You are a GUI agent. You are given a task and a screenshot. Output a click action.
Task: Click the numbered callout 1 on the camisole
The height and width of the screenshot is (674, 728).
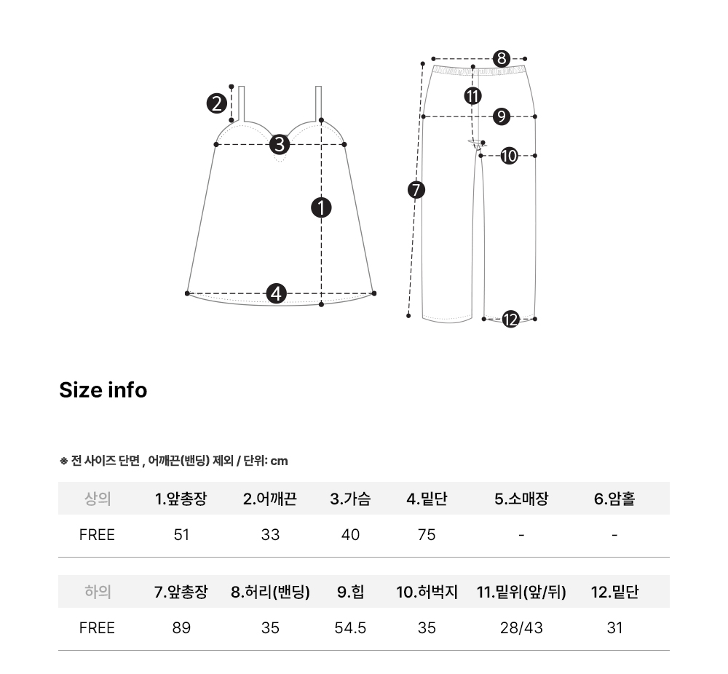pos(321,207)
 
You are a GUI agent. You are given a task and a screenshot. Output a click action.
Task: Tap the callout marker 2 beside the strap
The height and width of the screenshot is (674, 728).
pos(217,103)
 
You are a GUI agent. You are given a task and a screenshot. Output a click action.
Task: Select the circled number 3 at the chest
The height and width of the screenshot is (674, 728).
pos(280,144)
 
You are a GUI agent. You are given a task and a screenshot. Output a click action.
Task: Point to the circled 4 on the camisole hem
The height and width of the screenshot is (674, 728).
pos(276,294)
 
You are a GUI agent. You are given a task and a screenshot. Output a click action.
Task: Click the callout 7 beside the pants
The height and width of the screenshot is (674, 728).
pos(416,190)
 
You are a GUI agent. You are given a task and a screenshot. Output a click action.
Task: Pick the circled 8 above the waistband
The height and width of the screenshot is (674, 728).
pos(502,59)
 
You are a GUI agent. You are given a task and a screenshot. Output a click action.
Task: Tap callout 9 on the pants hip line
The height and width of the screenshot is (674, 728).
pos(502,116)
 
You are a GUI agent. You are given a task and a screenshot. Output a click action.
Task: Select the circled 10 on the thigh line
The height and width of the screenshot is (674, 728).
pos(510,156)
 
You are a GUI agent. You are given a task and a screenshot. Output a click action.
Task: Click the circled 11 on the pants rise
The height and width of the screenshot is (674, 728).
pos(472,96)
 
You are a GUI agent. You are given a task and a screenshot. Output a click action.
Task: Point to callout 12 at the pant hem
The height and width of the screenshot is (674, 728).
pos(511,320)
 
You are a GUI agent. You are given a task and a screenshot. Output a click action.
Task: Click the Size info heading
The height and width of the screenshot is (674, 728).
pos(103,390)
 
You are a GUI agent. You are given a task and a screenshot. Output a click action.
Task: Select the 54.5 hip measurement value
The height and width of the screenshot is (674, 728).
pos(350,628)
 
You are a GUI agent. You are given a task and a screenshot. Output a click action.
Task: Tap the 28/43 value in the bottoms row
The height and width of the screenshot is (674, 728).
pos(521,628)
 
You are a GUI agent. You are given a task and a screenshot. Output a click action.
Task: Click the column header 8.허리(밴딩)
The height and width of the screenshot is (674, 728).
pos(270,592)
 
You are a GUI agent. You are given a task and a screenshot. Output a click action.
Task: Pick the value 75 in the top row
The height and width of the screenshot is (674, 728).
pos(427,535)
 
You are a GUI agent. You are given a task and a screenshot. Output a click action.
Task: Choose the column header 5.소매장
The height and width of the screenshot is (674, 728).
pos(521,499)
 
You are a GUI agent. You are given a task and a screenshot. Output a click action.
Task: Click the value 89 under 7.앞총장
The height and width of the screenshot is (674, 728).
pos(181,628)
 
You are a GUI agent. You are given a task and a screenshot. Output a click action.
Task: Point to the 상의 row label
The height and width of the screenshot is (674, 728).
pos(98,499)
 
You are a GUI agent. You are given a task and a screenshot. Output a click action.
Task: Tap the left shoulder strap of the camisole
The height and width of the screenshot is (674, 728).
pos(242,104)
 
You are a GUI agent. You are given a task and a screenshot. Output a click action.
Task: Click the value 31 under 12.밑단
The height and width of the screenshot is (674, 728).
pos(614,628)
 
